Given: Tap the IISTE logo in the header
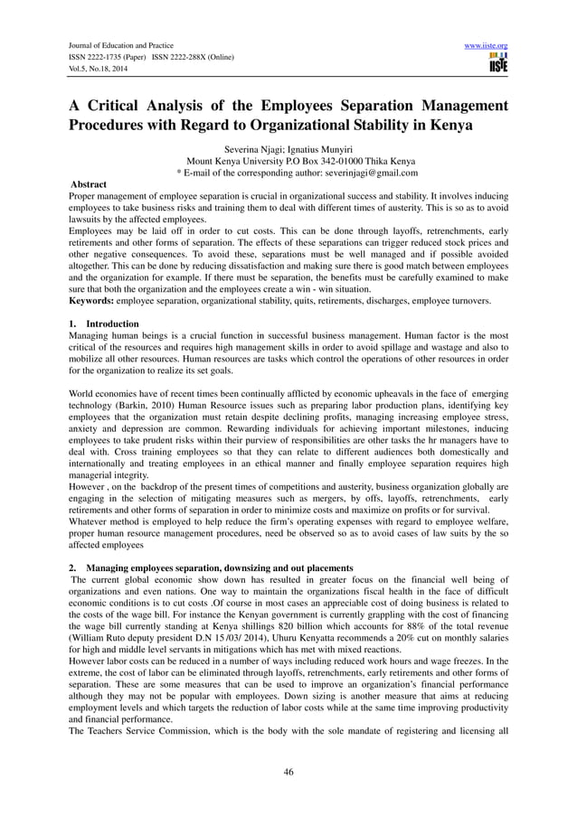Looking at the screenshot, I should coord(497,62).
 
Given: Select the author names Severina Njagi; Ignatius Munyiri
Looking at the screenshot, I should coord(288,147).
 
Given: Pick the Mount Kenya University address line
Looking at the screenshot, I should coord(288,160).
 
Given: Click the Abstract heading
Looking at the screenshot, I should coord(89,184).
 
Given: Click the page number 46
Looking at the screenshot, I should coord(288,773).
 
